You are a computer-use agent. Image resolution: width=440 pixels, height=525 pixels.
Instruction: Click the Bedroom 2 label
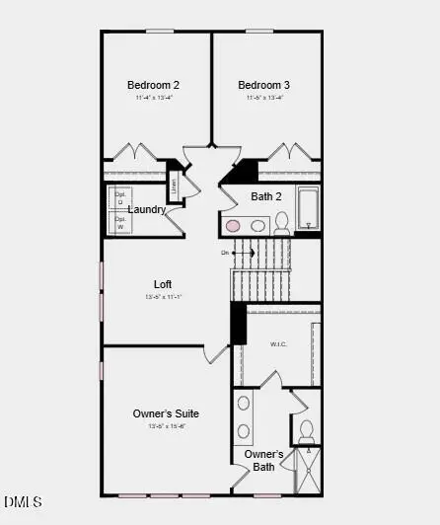coord(153,85)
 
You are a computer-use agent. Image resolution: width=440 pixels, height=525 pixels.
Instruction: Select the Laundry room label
coord(146,209)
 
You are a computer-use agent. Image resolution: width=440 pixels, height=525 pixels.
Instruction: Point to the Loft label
coord(163,284)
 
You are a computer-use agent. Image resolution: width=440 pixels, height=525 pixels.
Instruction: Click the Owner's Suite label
coord(167,413)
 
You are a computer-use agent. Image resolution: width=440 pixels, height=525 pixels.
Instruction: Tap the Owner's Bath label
coord(264,460)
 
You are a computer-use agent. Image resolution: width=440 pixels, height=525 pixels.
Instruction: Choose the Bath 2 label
coord(266,196)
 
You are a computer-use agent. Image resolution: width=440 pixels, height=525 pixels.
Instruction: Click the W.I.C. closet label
coord(278,344)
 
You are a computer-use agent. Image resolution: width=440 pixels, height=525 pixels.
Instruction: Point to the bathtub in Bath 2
coord(308,207)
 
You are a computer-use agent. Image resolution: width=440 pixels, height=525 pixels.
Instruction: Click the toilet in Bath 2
coord(281,221)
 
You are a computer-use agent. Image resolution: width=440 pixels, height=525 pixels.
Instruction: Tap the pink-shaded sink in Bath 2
coord(234,226)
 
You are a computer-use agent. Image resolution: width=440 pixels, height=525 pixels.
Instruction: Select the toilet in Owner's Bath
coord(306,430)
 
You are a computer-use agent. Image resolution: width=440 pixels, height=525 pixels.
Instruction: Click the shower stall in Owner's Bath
coord(308,470)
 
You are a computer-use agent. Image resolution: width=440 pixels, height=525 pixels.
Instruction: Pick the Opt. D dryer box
coord(120,196)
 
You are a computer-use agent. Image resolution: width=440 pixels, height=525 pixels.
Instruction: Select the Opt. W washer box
coord(120,221)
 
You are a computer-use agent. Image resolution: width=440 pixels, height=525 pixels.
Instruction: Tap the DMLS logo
coord(23,503)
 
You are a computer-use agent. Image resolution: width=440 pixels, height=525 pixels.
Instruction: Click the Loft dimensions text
coord(163,297)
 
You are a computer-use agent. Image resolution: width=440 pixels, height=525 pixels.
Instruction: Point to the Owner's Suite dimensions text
coord(167,426)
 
